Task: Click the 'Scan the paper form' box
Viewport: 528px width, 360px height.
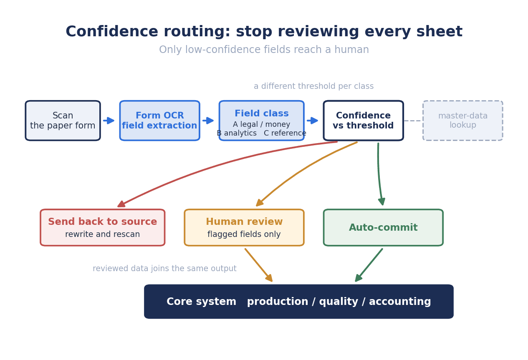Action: pos(63,121)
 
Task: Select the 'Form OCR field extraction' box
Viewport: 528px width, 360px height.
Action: pos(160,121)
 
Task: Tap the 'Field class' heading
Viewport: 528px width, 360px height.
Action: pos(262,113)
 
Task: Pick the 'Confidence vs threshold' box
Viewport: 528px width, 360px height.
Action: pos(364,121)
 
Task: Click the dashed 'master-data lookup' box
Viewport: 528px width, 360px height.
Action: pos(463,121)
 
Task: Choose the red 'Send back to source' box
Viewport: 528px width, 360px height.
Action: pos(103,228)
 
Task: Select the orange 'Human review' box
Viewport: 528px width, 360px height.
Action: pos(244,228)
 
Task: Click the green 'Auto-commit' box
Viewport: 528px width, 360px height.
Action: pos(383,228)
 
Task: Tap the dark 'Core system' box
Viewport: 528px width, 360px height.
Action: pos(299,302)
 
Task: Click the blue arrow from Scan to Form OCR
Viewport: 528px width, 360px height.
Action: pos(109,121)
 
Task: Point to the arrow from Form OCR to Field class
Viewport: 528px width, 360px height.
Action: pos(208,121)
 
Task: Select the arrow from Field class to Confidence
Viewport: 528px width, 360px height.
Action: pos(313,121)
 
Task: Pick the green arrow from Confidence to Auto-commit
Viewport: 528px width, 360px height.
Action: pos(379,174)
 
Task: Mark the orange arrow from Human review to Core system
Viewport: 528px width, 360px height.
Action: pos(259,265)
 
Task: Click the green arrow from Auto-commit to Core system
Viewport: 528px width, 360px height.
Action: pos(369,265)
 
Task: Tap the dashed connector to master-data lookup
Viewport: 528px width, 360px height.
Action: pos(413,121)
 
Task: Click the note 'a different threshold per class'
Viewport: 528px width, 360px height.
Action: pos(314,86)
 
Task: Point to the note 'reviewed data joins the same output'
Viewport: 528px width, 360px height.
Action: pos(164,268)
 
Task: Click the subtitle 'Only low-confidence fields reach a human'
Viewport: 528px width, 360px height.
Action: pos(264,50)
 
